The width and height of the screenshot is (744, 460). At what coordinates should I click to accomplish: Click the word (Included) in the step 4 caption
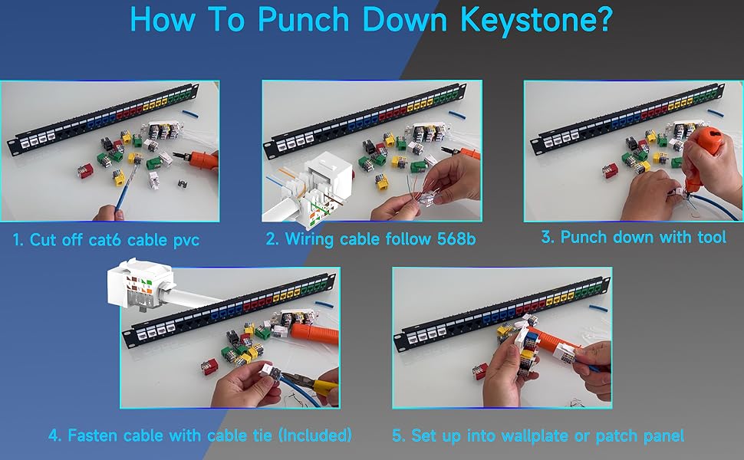(x=315, y=435)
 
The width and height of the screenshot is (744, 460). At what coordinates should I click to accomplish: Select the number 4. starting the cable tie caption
(x=55, y=435)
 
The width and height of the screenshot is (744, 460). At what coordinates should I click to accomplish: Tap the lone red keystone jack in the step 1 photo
(x=84, y=170)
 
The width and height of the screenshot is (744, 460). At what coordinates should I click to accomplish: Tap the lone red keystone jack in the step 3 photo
(x=610, y=171)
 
